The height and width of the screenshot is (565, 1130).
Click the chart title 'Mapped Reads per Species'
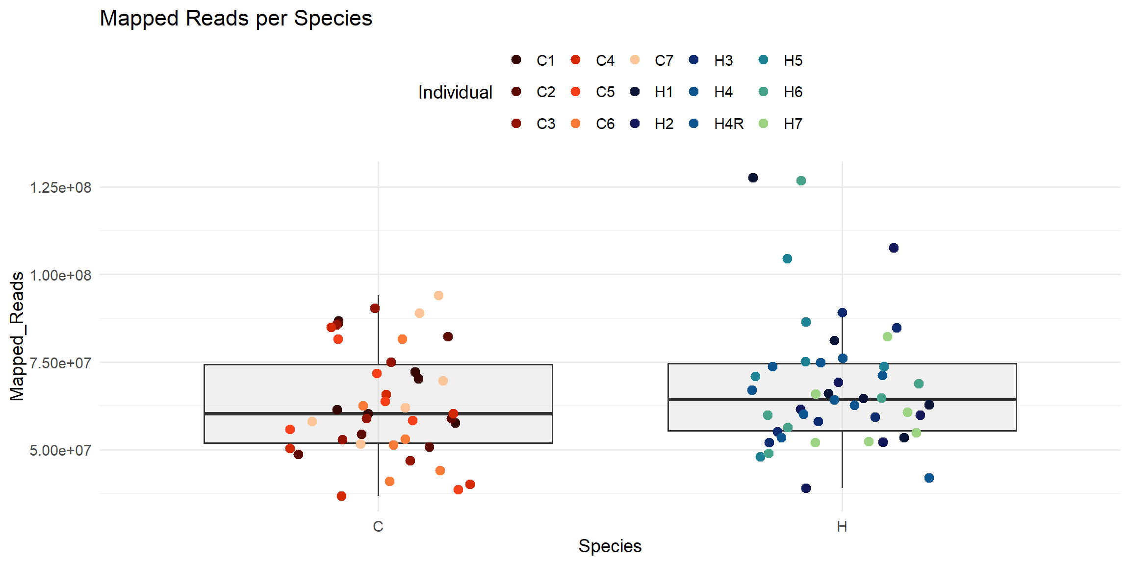236,19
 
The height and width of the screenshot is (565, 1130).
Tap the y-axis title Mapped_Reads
17,336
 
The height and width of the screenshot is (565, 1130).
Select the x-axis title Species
610,546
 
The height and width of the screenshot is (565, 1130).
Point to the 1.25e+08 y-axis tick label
60,188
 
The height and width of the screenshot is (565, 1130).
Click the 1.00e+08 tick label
60,276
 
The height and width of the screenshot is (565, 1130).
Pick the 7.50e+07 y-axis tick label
60,363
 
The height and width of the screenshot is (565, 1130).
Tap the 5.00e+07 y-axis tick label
60,451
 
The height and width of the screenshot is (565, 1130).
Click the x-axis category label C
378,527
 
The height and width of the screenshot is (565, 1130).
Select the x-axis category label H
842,527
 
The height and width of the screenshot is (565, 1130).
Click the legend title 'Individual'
455,92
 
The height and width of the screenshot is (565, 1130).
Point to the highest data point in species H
753,178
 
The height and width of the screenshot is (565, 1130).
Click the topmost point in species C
438,295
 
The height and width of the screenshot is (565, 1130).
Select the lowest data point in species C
341,496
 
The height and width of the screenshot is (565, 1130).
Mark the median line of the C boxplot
294,413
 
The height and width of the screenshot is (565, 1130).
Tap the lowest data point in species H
806,488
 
